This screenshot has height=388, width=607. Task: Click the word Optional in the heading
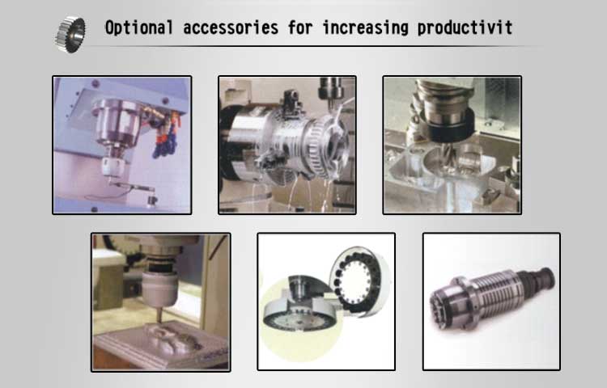(x=139, y=27)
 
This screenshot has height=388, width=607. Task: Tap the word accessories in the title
(x=231, y=27)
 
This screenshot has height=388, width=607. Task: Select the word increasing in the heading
(x=366, y=27)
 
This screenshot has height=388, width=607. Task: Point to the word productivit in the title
(x=465, y=27)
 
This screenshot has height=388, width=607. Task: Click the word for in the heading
(x=300, y=27)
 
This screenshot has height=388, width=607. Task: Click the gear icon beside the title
(x=70, y=34)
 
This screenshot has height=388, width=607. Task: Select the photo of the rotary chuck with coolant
(x=287, y=145)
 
